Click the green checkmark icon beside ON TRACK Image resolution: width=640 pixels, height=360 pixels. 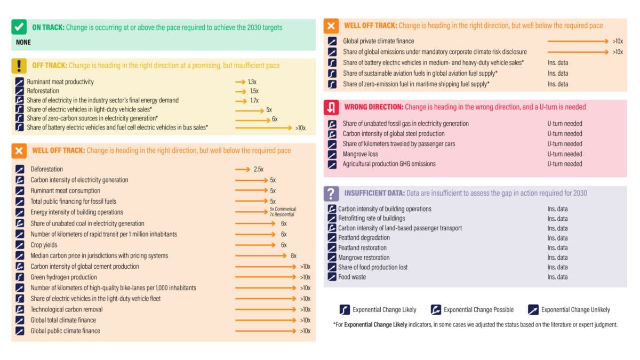pos(19,27)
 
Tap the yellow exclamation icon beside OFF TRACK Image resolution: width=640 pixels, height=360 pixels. pos(19,65)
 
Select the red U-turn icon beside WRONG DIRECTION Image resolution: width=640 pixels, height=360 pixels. pos(331,107)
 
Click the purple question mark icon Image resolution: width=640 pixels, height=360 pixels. pos(331,193)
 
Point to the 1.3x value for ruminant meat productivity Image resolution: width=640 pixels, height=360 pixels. pos(252,82)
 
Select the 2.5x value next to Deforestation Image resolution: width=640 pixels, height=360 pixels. pos(259,169)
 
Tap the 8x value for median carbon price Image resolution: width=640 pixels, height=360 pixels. pos(293,255)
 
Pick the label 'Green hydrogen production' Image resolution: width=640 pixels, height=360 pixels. pos(63,277)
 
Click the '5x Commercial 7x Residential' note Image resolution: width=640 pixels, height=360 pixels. pos(283,212)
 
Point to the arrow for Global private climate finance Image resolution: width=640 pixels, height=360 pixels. pos(578,41)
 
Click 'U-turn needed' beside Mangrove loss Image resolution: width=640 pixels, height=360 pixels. pos(564,154)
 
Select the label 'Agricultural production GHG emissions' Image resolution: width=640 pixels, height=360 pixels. pos(389,164)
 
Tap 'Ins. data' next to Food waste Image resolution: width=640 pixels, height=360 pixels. pos(557,277)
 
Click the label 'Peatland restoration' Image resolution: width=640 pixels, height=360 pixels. pos(362,247)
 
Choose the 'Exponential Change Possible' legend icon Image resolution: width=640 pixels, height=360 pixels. pos(436,309)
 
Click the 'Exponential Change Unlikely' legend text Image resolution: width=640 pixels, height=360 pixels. pos(575,309)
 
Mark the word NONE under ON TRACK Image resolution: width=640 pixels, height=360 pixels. pos(23,42)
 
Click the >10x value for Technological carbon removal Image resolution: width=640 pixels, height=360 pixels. pos(305,309)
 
